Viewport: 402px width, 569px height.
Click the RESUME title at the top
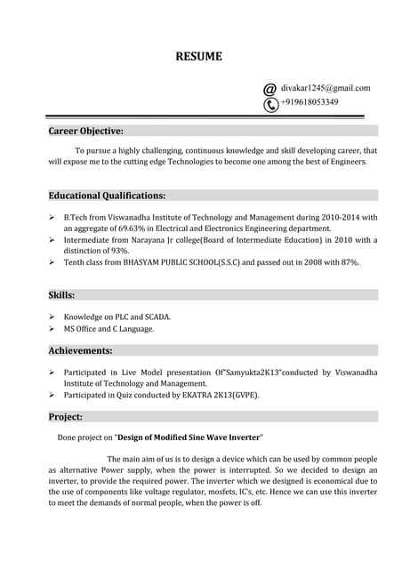198,57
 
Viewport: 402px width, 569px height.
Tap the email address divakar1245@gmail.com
326,88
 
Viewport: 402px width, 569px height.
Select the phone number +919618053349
310,102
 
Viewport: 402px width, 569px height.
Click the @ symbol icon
270,89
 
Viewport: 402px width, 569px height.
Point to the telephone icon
270,104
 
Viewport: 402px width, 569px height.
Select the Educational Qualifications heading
107,195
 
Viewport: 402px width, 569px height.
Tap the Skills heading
61,294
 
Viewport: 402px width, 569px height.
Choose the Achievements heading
80,350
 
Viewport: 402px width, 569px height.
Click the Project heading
66,416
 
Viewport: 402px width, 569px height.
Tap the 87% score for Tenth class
347,262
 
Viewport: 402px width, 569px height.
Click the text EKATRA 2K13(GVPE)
218,395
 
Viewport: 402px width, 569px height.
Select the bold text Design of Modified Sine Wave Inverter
189,437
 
